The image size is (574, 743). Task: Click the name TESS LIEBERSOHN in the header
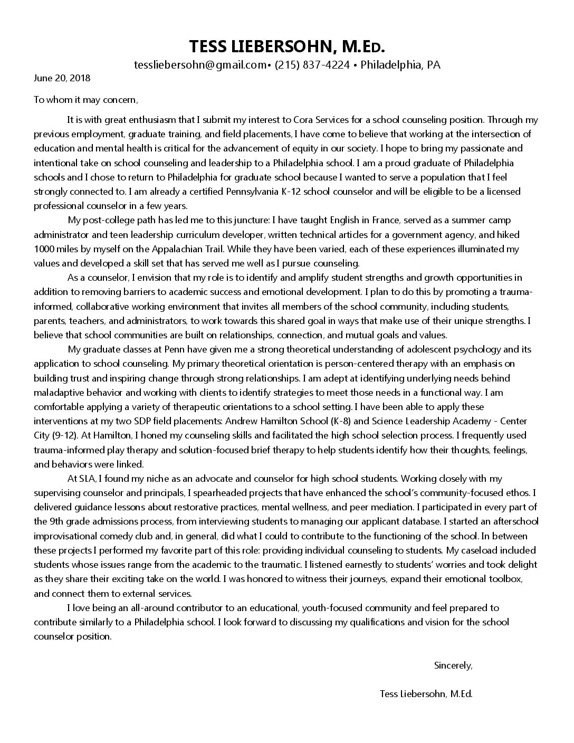[x=261, y=46]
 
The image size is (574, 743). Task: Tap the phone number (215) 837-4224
[x=312, y=65]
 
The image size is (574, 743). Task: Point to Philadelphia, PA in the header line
[x=400, y=65]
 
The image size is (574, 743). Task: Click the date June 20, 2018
[x=62, y=78]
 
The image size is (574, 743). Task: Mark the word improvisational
[x=72, y=536]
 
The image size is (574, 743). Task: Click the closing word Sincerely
[x=453, y=665]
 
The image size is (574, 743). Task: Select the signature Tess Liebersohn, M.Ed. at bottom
[x=426, y=694]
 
